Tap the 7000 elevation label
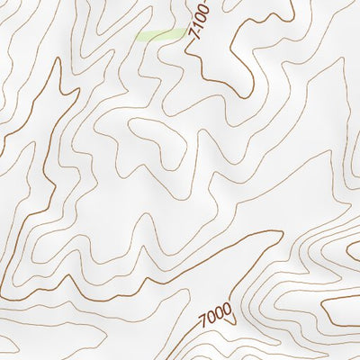pyautogui.click(x=217, y=317)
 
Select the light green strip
pyautogui.click(x=161, y=36)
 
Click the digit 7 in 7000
pyautogui.click(x=203, y=320)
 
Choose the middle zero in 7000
pyautogui.click(x=221, y=315)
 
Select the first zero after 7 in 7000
pyautogui.click(x=212, y=318)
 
